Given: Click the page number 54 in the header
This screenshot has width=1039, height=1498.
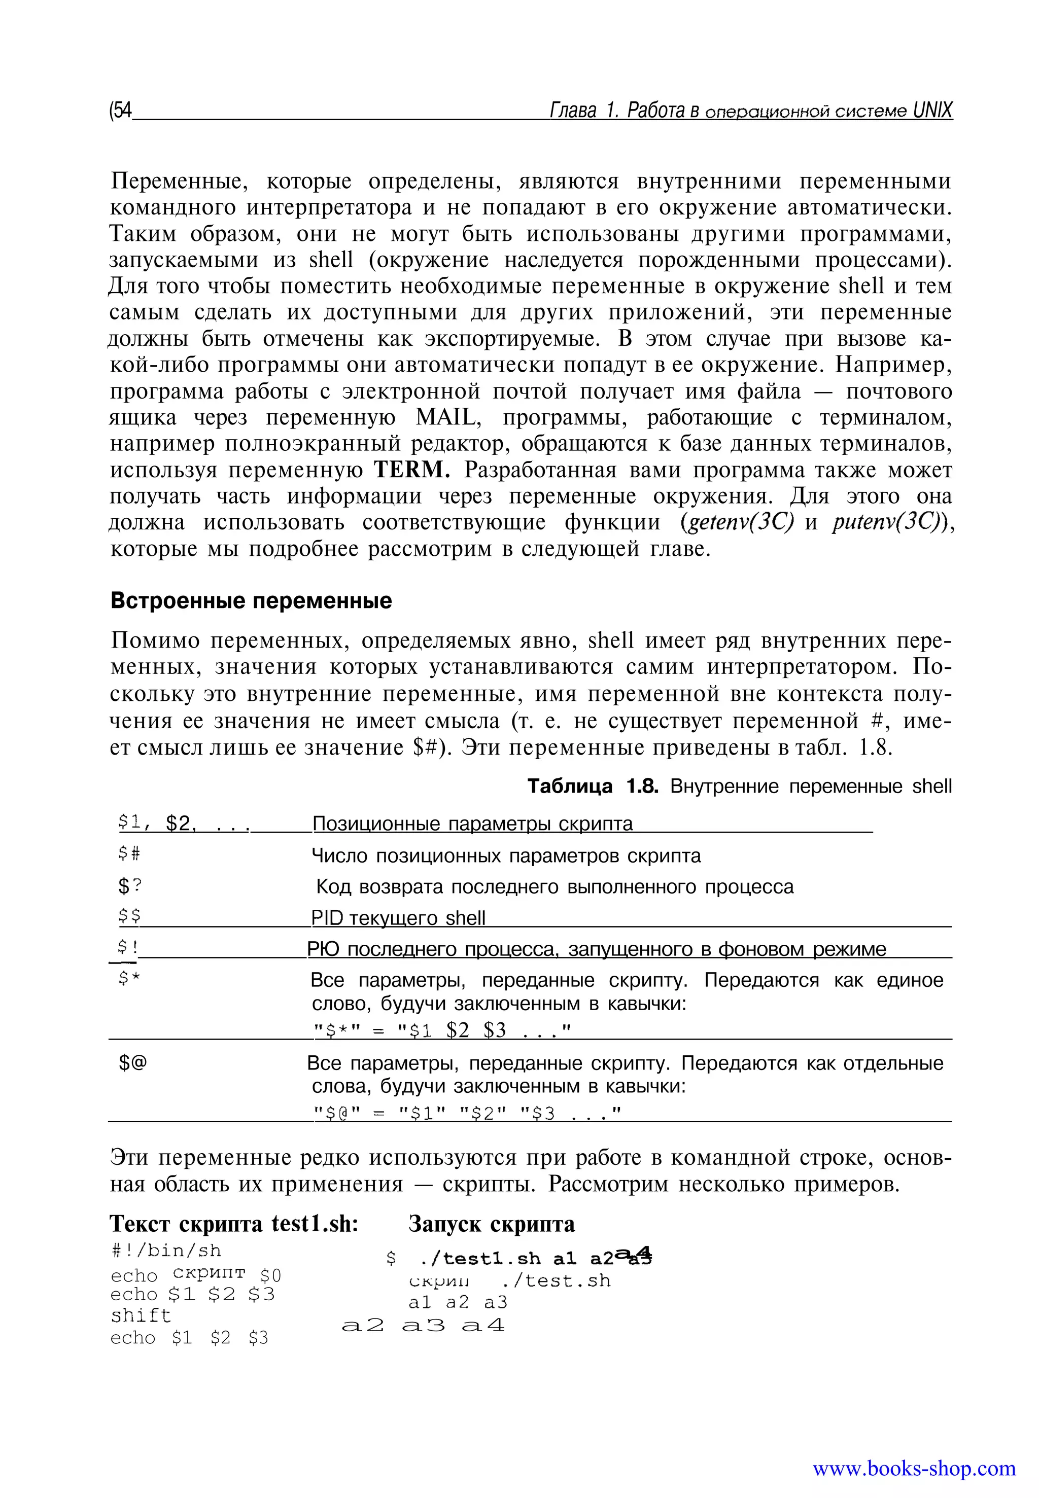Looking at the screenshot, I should (x=122, y=111).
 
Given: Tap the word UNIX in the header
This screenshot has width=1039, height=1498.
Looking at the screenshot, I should (x=932, y=111).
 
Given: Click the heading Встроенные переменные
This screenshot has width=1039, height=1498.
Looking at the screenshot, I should (x=251, y=600).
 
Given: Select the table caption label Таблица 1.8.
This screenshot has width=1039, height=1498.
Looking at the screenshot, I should (x=593, y=786).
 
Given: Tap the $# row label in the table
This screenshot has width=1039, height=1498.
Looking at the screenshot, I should (x=129, y=854).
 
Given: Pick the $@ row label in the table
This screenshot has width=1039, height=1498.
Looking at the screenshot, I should (x=133, y=1063).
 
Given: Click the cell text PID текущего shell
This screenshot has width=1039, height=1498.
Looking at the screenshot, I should (x=398, y=917).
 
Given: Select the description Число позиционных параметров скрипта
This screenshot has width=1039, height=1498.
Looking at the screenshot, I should (x=506, y=855).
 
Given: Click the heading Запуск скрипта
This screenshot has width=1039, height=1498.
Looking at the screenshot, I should (x=492, y=1224).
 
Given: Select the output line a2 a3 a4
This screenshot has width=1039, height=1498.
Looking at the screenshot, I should (x=423, y=1325).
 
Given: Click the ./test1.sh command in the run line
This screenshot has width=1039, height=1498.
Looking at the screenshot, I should (x=480, y=1259).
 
